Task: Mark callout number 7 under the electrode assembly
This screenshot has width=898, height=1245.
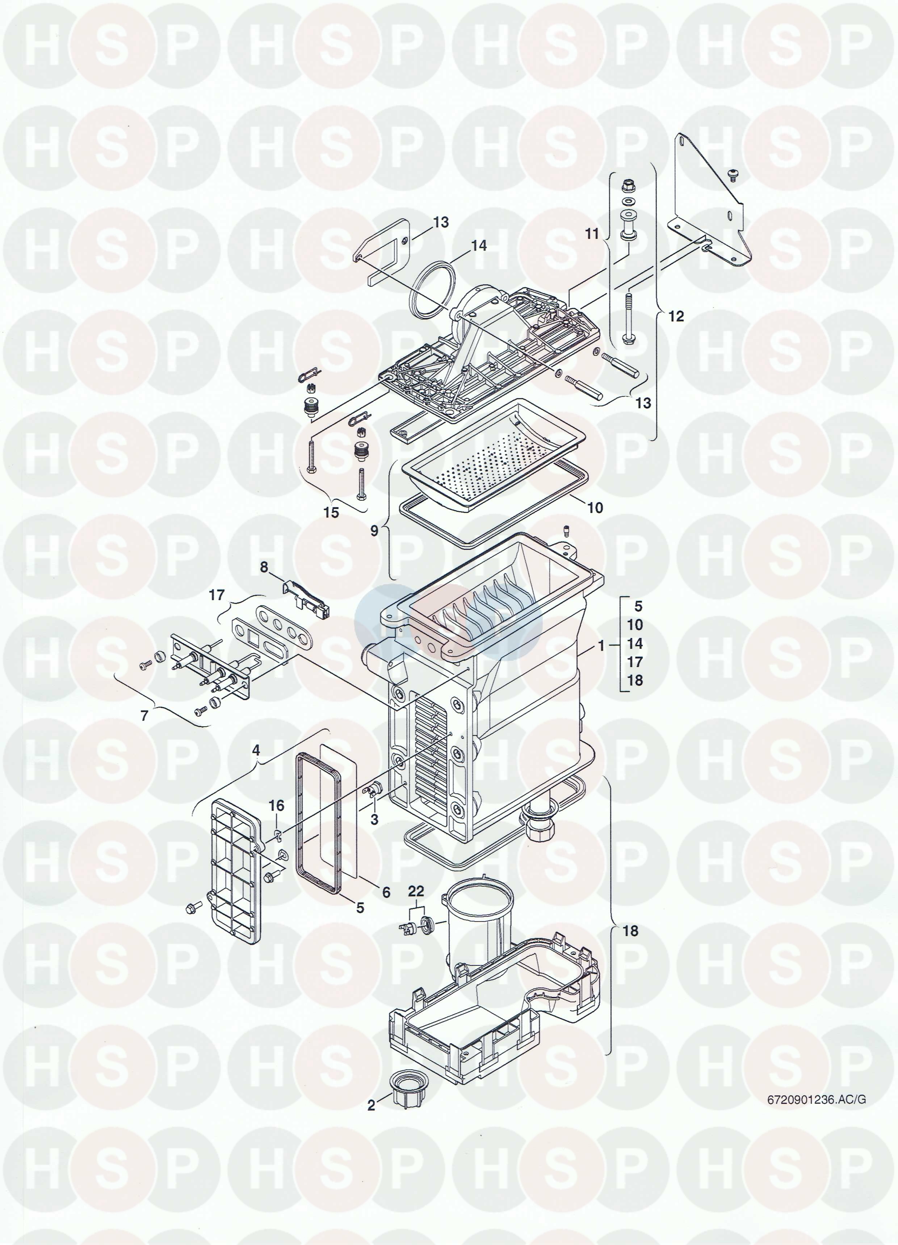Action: coord(264,567)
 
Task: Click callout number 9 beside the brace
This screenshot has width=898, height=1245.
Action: coord(331,512)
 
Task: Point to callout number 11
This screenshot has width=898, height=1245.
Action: coord(677,316)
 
